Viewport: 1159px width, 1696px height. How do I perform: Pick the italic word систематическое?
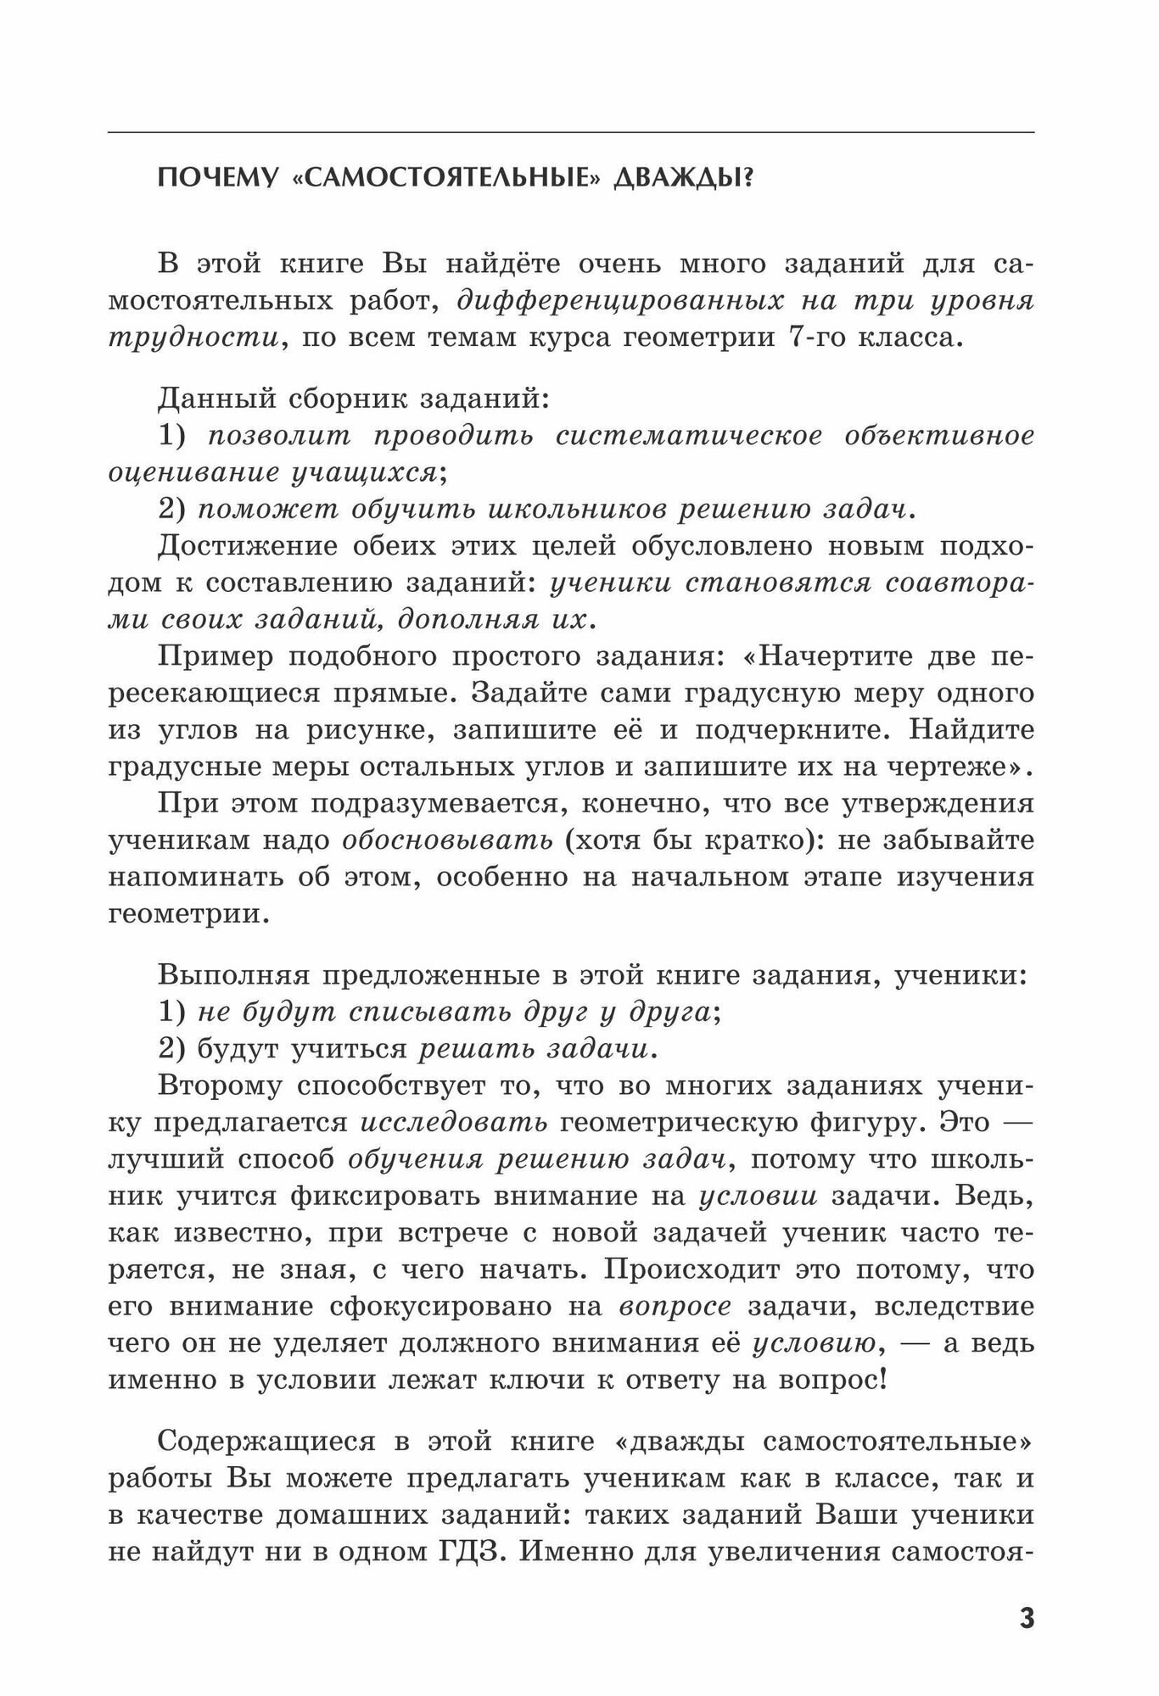[x=688, y=436]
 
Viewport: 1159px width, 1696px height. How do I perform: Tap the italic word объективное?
[x=939, y=436]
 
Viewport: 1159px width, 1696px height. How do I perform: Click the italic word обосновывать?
[x=447, y=840]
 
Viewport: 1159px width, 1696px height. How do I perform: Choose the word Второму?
[x=219, y=1085]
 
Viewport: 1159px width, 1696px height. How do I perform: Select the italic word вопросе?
[x=675, y=1307]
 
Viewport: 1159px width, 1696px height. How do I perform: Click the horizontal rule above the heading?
[x=571, y=132]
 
